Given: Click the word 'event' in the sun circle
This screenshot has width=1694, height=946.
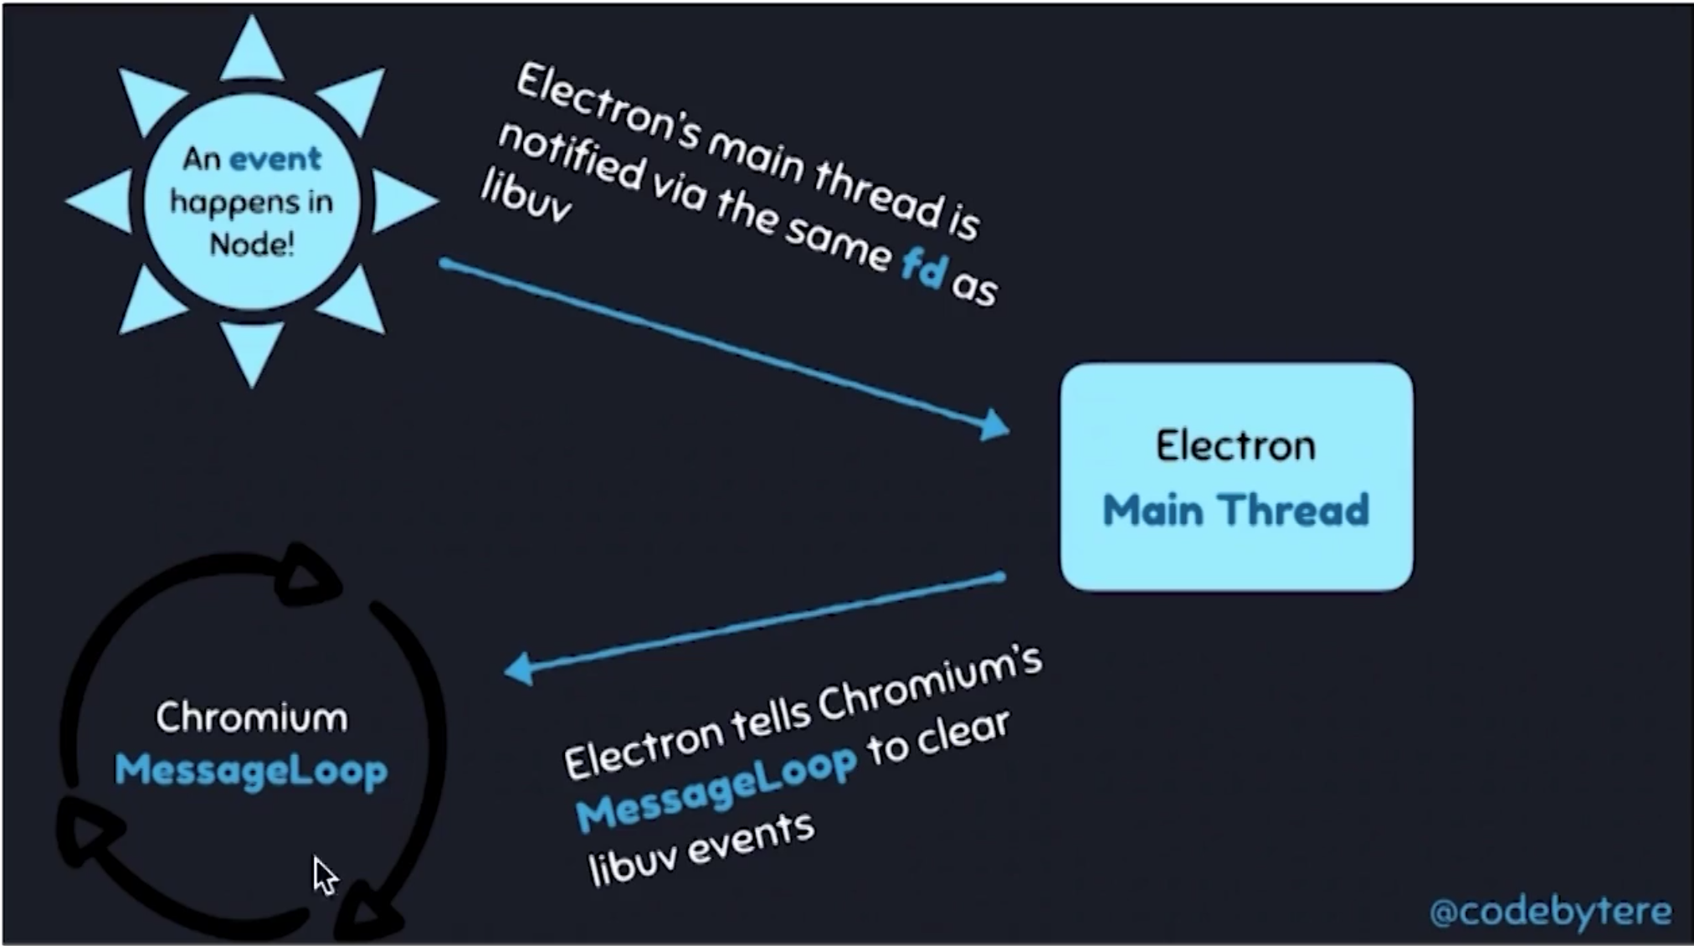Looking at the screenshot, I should click(x=275, y=158).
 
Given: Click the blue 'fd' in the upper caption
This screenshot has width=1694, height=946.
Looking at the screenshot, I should click(x=924, y=270).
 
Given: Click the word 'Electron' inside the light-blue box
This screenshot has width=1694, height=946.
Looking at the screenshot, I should click(x=1235, y=445).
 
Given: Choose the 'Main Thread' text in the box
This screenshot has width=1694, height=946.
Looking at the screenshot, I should click(x=1235, y=510).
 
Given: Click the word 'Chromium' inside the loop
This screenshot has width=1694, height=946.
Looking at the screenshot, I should click(x=252, y=718).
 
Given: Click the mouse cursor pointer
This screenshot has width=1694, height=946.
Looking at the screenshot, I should click(x=324, y=875).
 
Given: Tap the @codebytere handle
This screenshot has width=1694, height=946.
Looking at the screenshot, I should click(x=1550, y=911).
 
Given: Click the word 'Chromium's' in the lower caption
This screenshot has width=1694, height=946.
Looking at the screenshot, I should click(x=930, y=688).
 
